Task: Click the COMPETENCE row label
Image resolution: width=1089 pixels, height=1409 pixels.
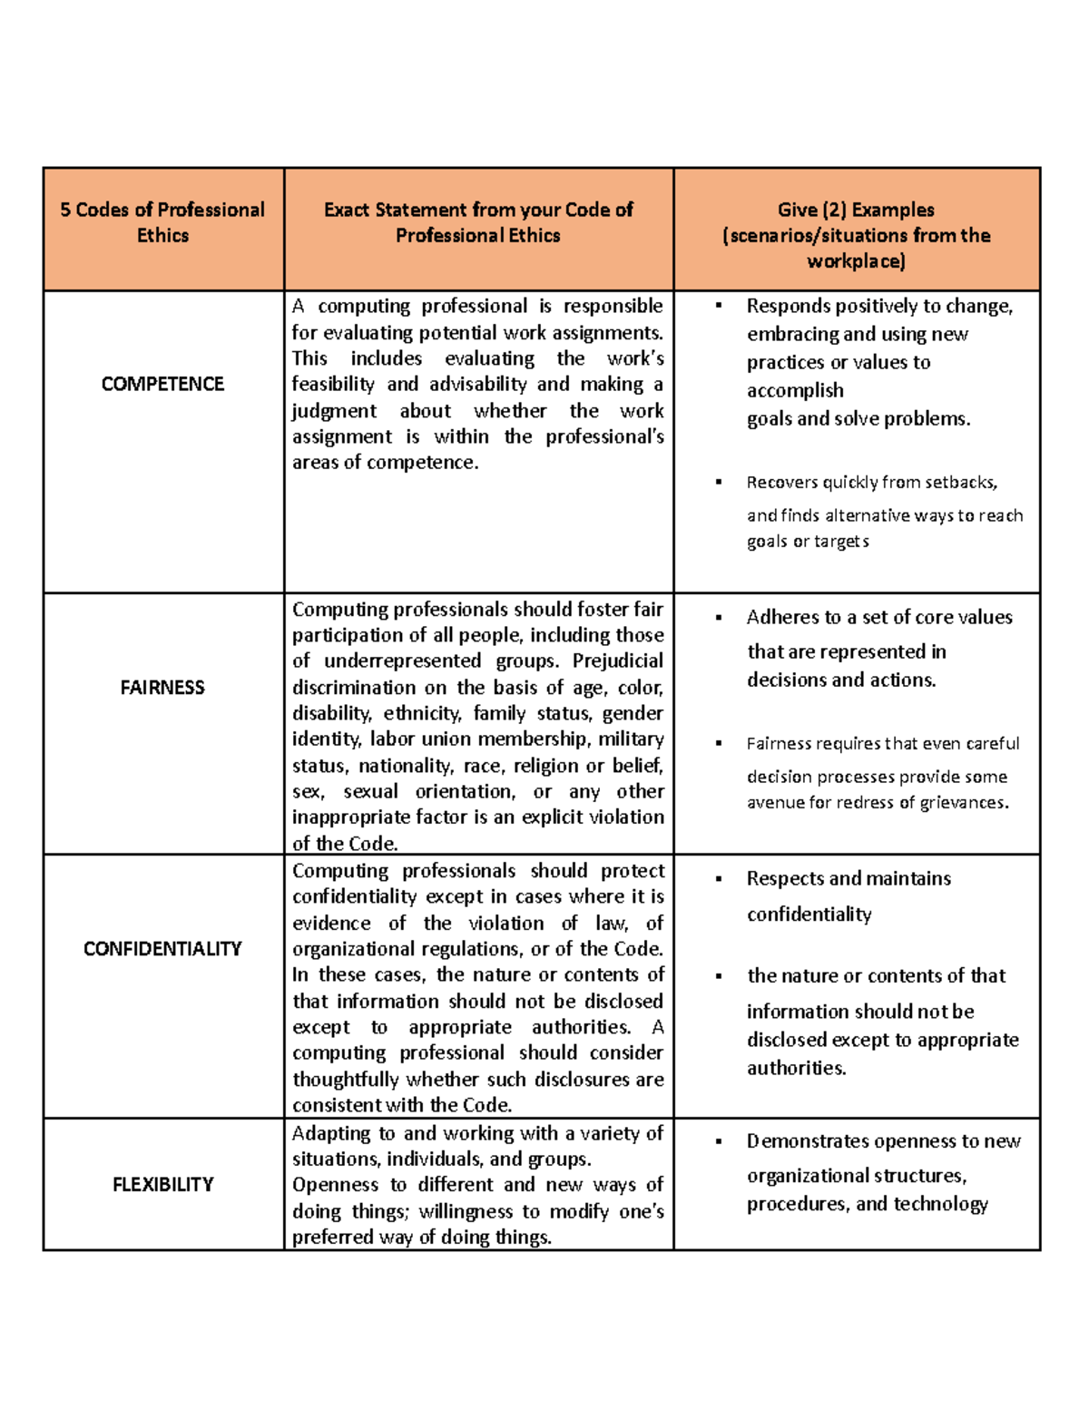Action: pos(162,384)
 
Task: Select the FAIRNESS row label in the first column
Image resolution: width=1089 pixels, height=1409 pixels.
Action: pos(162,688)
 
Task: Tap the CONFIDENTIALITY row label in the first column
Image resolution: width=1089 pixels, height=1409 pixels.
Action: pos(162,949)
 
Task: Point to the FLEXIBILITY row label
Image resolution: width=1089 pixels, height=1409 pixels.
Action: pos(162,1185)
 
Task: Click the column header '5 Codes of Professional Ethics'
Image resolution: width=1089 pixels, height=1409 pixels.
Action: pos(162,222)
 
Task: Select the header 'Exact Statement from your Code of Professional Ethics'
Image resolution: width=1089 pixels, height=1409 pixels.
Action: pos(478,222)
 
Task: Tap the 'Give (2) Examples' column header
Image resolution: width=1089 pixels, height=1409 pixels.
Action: pos(856,210)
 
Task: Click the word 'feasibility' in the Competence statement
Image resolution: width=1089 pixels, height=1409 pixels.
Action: pos(333,385)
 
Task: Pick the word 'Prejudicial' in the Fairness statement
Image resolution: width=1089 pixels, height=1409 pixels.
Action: pos(618,660)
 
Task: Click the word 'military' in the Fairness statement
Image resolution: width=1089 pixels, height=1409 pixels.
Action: pos(631,739)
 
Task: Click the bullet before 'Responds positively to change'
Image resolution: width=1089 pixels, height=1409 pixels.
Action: pos(719,307)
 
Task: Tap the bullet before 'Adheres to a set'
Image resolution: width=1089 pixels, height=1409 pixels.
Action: pos(719,618)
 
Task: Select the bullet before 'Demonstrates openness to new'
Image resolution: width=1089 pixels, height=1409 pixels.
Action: pos(719,1141)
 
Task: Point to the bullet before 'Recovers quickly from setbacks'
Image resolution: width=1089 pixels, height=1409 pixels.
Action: pos(719,483)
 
